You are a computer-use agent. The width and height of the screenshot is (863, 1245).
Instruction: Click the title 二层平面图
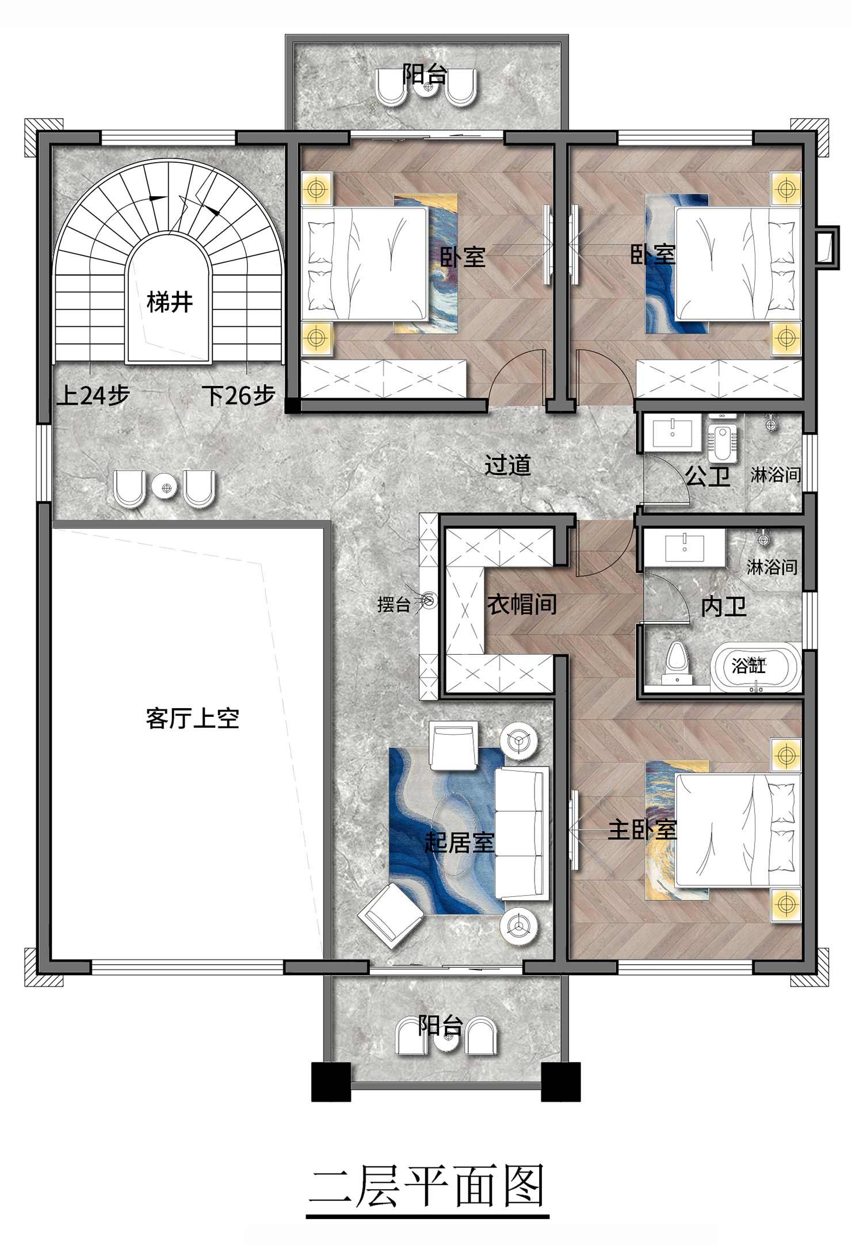tap(427, 1187)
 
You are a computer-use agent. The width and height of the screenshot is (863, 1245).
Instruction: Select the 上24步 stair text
tap(93, 395)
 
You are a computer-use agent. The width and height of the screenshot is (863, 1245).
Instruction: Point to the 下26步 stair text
tap(238, 395)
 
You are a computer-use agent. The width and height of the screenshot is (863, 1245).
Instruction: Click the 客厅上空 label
tap(192, 719)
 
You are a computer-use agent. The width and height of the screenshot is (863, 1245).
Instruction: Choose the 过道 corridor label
tap(507, 465)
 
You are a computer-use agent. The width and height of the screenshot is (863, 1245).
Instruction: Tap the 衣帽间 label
tap(522, 604)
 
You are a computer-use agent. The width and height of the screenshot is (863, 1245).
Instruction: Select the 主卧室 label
tap(642, 830)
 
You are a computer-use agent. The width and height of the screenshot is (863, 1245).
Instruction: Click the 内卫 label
tap(724, 606)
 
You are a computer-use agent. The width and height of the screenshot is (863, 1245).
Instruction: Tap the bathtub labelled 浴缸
tap(756, 667)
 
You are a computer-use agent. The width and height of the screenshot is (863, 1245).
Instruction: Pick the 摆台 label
tap(394, 605)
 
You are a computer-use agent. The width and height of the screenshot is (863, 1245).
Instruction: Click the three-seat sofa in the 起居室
tap(521, 832)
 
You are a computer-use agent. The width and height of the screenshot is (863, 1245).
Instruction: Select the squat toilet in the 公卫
tap(719, 444)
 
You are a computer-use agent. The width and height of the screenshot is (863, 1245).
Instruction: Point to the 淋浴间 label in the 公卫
tap(776, 475)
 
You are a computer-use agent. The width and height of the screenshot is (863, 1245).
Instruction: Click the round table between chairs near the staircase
tap(167, 488)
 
